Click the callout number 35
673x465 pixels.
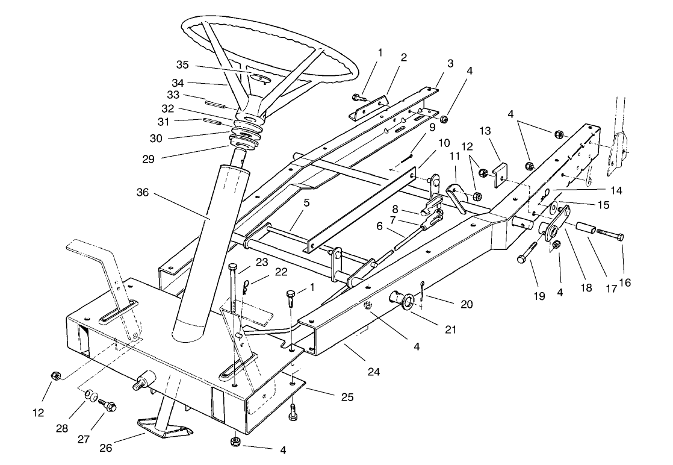pyautogui.click(x=182, y=64)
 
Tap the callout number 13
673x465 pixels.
pyautogui.click(x=485, y=131)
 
